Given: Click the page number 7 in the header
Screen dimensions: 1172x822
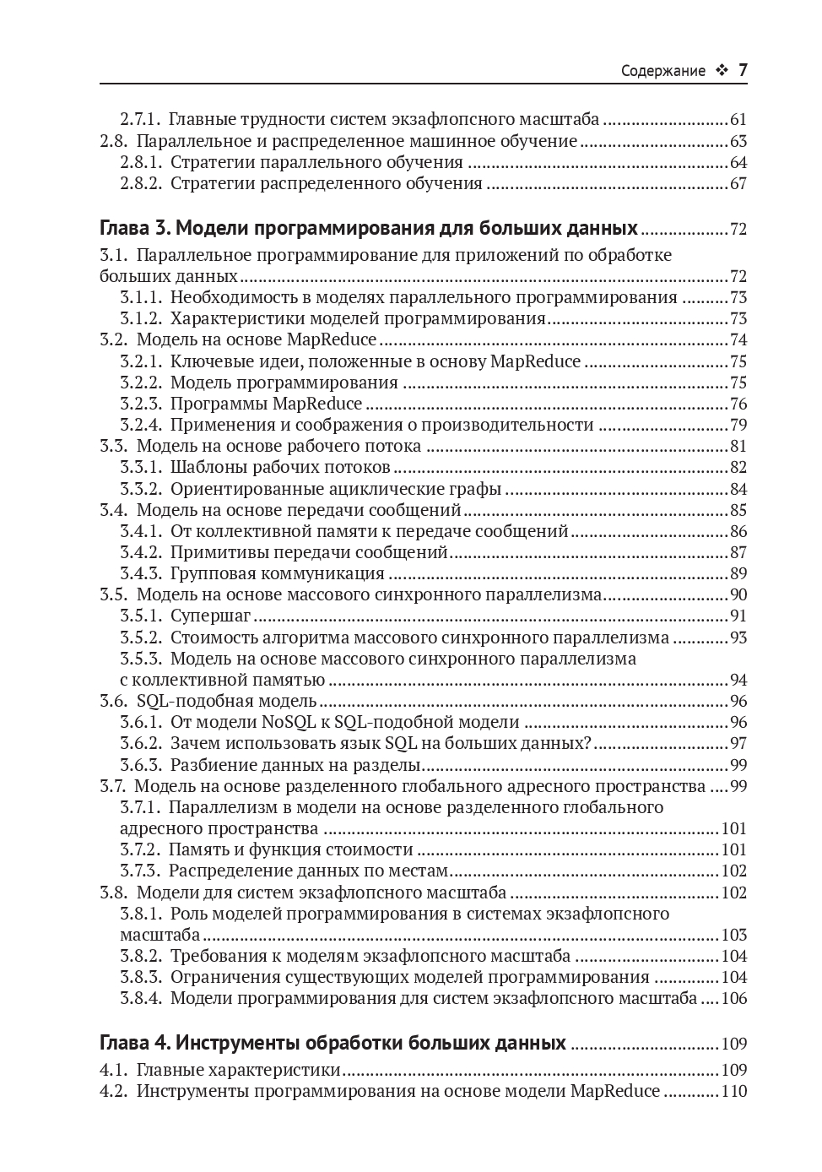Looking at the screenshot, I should [x=743, y=70].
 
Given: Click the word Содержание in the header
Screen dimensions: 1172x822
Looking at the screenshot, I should [x=662, y=71].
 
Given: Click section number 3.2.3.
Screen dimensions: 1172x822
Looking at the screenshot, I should [x=140, y=404].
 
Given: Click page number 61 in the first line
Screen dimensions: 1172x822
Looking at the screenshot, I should [x=738, y=120].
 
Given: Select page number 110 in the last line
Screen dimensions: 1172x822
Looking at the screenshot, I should [x=734, y=1091].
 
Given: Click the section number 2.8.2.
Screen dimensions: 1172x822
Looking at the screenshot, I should [x=140, y=183].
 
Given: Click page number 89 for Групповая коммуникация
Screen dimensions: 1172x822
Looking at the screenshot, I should [x=738, y=574].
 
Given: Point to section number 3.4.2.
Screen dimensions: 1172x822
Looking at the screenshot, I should [x=140, y=552].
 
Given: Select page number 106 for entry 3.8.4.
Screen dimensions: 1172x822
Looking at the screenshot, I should [x=734, y=998].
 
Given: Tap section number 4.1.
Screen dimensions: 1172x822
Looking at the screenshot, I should [x=113, y=1070].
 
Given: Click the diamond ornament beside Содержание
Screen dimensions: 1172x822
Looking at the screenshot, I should [x=721, y=71].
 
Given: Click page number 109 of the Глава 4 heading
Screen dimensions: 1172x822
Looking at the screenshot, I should [x=734, y=1044].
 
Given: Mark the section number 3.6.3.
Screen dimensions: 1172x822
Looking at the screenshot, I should [x=140, y=765].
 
